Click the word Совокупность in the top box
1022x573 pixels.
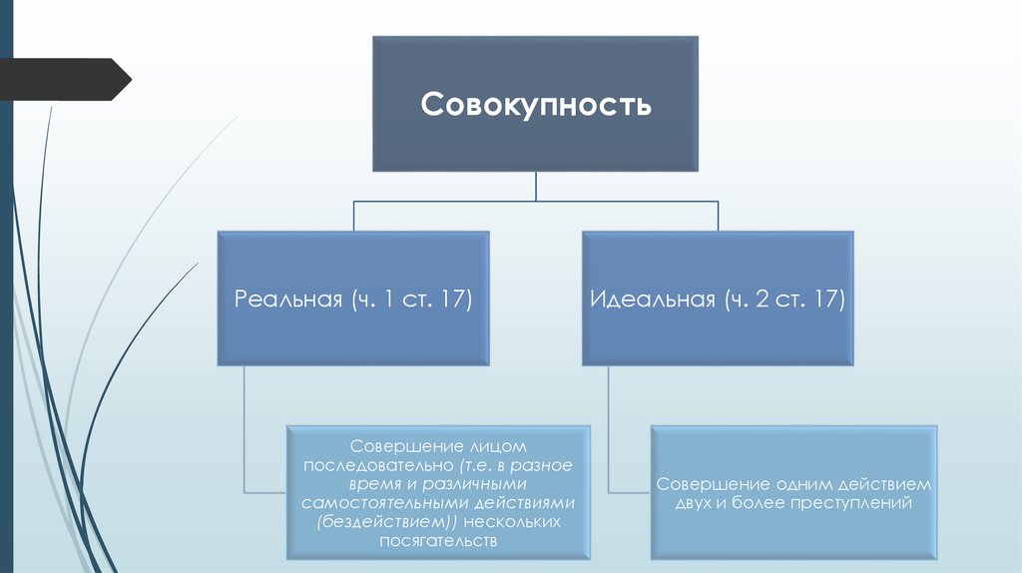[x=536, y=105]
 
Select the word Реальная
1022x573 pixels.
[x=289, y=299]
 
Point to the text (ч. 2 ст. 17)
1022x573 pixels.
[x=785, y=299]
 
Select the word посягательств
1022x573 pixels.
[x=437, y=540]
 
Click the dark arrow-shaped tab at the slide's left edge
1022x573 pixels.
[x=65, y=80]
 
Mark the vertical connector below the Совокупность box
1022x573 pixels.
[x=536, y=186]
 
